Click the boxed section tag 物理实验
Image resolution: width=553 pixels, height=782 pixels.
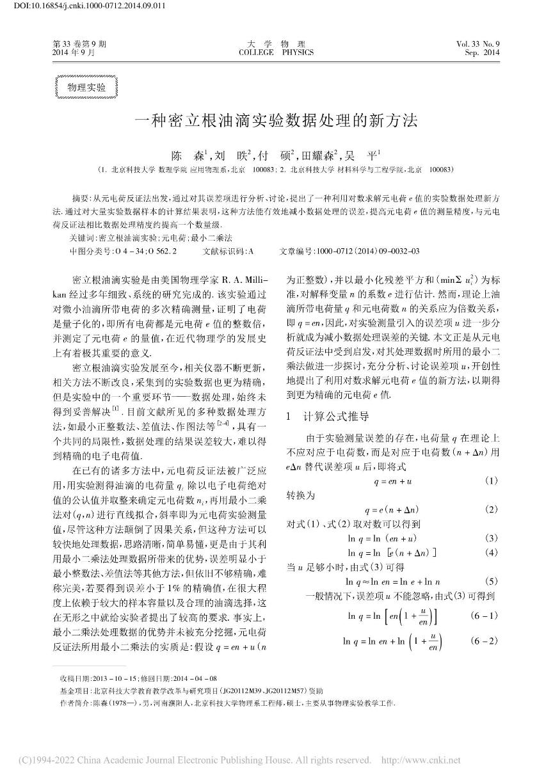point(87,88)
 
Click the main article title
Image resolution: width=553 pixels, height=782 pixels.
point(276,120)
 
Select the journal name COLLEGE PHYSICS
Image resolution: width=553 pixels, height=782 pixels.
point(276,52)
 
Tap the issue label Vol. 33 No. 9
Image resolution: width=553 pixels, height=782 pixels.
point(477,44)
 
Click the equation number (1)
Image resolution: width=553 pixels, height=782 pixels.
point(491,480)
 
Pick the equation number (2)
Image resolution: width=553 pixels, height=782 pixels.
point(491,509)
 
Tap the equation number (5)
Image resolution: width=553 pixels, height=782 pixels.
point(491,581)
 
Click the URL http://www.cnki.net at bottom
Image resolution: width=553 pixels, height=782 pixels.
point(421,760)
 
